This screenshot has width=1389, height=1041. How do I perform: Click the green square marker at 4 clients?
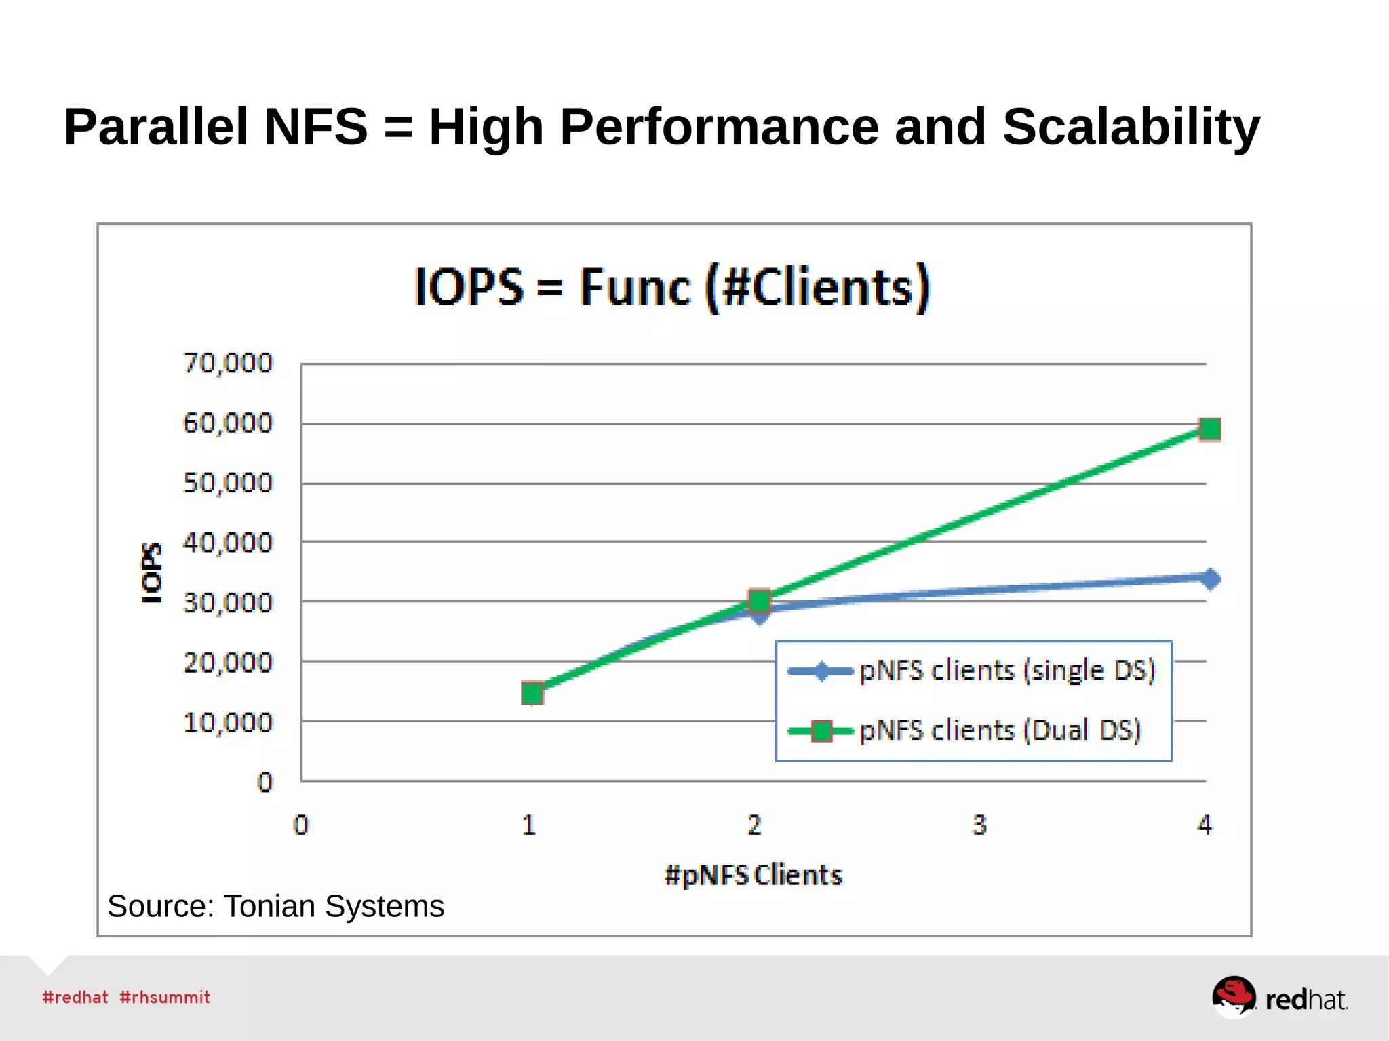coord(1209,429)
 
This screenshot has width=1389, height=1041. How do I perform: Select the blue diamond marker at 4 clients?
coord(1209,578)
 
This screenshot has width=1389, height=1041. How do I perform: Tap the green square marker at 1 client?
coord(532,693)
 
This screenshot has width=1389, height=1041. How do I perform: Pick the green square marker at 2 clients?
coord(759,600)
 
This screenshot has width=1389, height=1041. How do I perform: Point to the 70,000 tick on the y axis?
coord(228,364)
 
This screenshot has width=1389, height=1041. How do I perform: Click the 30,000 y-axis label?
coord(228,602)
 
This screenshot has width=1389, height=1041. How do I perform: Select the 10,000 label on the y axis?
coord(228,722)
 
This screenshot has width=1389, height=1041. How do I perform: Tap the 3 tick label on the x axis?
coord(979,825)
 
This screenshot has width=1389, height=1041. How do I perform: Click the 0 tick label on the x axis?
coord(300,825)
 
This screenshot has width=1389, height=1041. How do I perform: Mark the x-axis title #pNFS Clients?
coord(753,875)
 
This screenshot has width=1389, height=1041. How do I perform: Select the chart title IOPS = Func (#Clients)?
coord(672,287)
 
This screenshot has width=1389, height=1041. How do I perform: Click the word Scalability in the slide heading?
coord(1131,127)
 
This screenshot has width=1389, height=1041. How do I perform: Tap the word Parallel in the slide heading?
coord(155,127)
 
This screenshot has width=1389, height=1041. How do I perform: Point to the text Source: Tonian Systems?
coord(275,906)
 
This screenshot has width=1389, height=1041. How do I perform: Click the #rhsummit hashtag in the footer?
coord(165,997)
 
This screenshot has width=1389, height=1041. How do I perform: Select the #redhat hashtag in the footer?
coord(75,997)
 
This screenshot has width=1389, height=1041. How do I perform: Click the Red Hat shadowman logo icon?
coord(1233,996)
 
